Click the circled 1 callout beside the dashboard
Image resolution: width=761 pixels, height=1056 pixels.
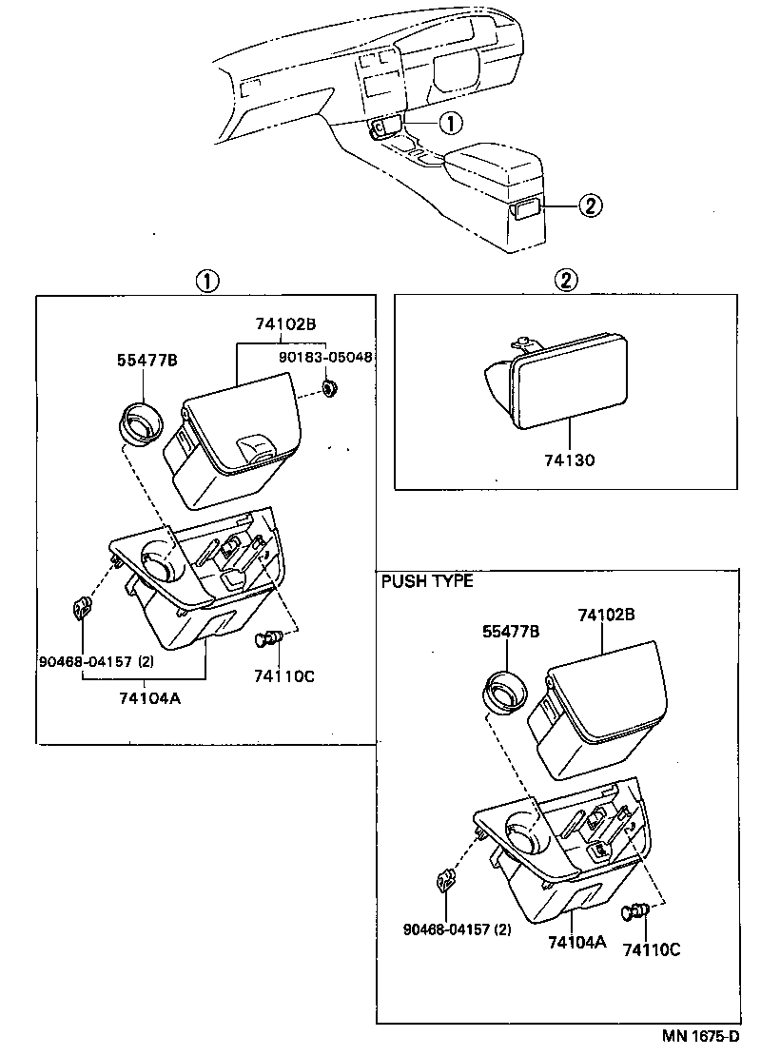pos(450,122)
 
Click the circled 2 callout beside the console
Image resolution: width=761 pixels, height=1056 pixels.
pos(590,205)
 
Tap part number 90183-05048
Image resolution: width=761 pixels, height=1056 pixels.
pos(325,359)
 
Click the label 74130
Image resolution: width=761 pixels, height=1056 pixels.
pos(570,460)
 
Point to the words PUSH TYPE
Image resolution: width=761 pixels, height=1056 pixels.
pos(427,581)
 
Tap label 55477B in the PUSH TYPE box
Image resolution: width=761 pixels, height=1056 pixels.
pos(511,631)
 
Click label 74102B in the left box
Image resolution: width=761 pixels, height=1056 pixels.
pos(283,323)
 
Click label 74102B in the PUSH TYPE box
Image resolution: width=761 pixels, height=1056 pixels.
pos(605,616)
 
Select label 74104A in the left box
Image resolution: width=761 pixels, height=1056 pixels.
pos(149,697)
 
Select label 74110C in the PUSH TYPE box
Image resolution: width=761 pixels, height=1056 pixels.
pos(652,948)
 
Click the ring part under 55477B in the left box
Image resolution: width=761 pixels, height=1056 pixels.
pos(142,422)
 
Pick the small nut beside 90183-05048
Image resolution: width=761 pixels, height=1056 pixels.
pos(330,387)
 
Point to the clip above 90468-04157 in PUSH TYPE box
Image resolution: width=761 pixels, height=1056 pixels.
pos(444,882)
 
